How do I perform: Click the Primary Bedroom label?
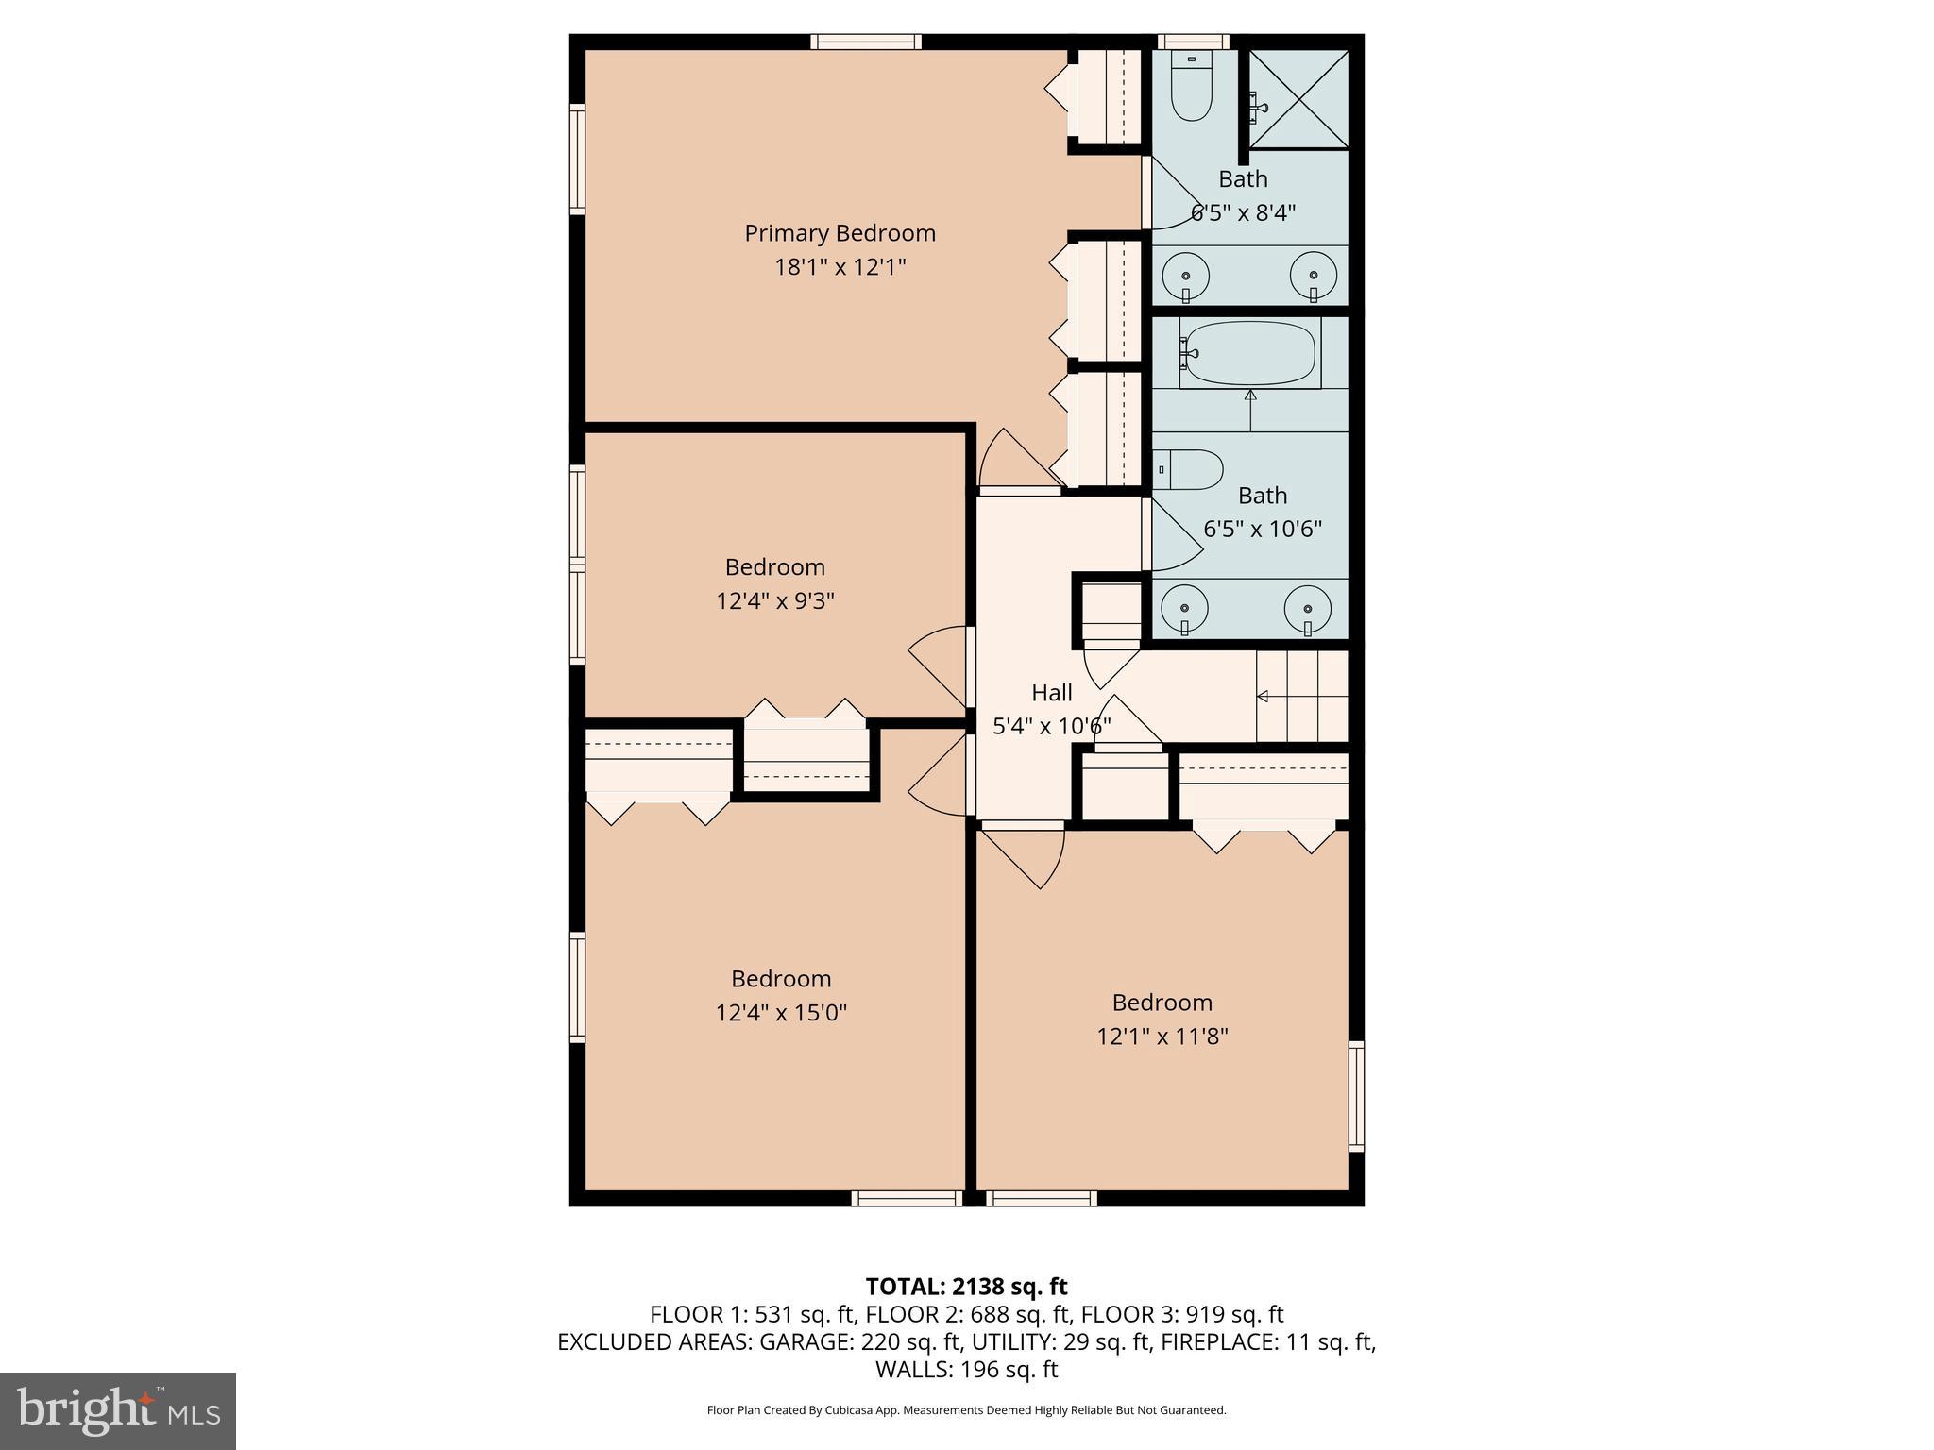coord(840,233)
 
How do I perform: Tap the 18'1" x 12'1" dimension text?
coord(840,267)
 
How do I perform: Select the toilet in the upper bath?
coord(1191,90)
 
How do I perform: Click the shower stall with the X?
coord(1299,99)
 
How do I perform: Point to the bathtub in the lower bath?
coord(1248,354)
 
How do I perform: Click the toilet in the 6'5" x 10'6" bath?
coord(1190,469)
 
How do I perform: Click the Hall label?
coord(1051,693)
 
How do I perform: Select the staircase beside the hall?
coord(1301,697)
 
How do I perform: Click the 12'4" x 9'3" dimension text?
coord(775,601)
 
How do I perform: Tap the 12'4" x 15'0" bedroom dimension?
coord(781,1013)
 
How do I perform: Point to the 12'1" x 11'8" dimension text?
coord(1162,1037)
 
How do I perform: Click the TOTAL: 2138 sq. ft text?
coord(966,1287)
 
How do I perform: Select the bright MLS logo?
coord(118,1410)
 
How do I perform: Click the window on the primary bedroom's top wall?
coord(865,42)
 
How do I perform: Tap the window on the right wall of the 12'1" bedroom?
coord(1355,1096)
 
